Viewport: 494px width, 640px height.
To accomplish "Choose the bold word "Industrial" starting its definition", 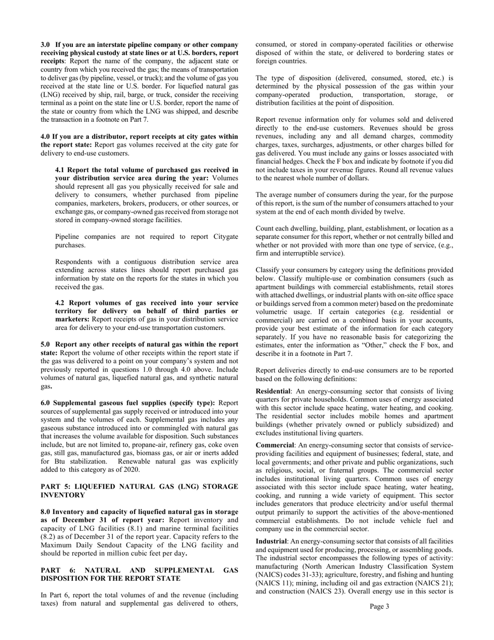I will click(x=272, y=542).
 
